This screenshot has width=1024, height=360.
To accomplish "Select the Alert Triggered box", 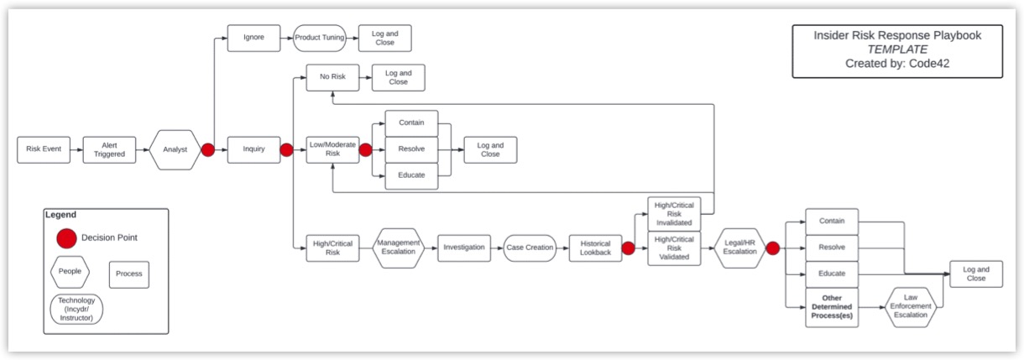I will [109, 149].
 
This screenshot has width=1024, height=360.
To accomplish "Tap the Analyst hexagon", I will [175, 149].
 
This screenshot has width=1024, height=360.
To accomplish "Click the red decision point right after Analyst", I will [208, 149].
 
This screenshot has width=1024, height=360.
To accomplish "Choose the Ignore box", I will [253, 38].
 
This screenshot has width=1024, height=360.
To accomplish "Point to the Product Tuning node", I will [320, 38].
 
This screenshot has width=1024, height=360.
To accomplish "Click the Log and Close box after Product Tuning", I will [385, 38].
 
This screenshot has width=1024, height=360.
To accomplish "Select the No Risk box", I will [332, 77].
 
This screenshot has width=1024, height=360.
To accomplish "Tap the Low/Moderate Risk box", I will [332, 149].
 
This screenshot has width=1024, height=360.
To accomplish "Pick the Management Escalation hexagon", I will [399, 248].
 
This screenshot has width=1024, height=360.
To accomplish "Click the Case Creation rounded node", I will [530, 248].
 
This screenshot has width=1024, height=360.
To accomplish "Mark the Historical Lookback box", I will [596, 248].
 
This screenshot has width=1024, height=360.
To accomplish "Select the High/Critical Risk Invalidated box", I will [674, 214].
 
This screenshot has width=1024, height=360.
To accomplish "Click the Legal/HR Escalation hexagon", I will [740, 248].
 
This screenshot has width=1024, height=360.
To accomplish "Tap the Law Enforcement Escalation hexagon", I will [910, 306].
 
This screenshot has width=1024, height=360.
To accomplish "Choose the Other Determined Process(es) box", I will [832, 306].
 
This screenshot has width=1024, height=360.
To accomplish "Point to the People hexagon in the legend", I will [71, 273].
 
